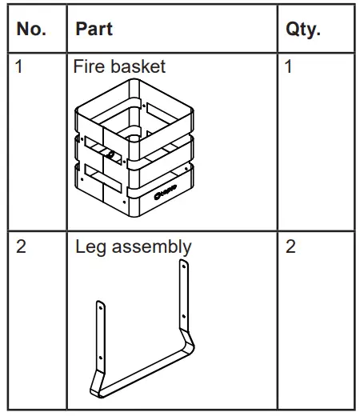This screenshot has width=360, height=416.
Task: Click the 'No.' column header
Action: tap(31, 30)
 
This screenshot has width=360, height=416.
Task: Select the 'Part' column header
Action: tap(94, 30)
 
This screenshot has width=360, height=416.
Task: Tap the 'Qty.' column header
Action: tap(302, 30)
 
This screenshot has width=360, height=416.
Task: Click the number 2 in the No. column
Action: tap(22, 246)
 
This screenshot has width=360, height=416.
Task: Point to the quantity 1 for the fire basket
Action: tap(289, 66)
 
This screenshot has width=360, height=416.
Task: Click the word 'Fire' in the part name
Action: tap(88, 66)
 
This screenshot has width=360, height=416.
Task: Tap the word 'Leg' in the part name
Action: tap(90, 246)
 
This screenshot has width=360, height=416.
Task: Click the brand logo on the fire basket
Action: tap(166, 191)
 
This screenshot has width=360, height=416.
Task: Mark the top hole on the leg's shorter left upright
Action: tap(100, 306)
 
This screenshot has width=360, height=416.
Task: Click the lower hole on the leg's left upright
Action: tap(102, 358)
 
